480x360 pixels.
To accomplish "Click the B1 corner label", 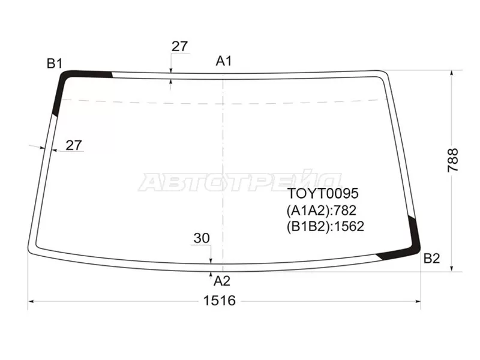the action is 55,64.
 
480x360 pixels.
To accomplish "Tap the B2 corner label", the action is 431,259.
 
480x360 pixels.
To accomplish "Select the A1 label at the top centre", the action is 224,61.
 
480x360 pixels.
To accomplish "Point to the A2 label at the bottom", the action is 222,281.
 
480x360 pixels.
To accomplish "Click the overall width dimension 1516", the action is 220,301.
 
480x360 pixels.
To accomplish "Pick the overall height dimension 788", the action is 453,160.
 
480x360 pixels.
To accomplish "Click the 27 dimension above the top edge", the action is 179,46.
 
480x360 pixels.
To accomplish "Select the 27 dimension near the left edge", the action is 74,145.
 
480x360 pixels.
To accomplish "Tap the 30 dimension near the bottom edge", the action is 202,238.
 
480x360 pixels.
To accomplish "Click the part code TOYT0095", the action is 323,193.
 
